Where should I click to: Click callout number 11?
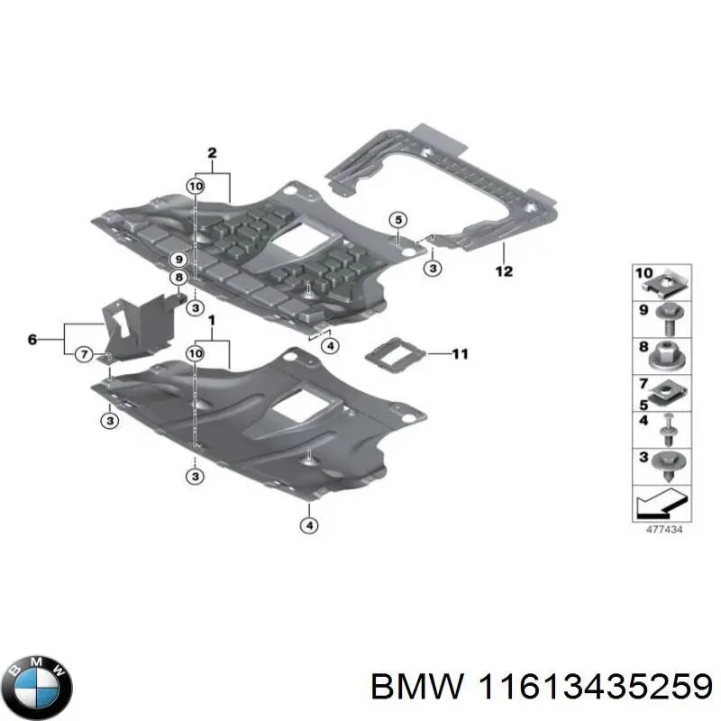coord(460,354)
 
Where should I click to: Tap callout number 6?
coord(32,340)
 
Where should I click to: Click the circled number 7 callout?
coord(83,354)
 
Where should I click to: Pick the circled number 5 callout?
coord(398,219)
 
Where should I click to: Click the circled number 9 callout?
coord(179,260)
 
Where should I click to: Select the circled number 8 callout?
coord(179,278)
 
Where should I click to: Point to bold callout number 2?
coord(212,153)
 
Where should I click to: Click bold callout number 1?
coord(212,321)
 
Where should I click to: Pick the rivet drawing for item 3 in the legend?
coord(667,465)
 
